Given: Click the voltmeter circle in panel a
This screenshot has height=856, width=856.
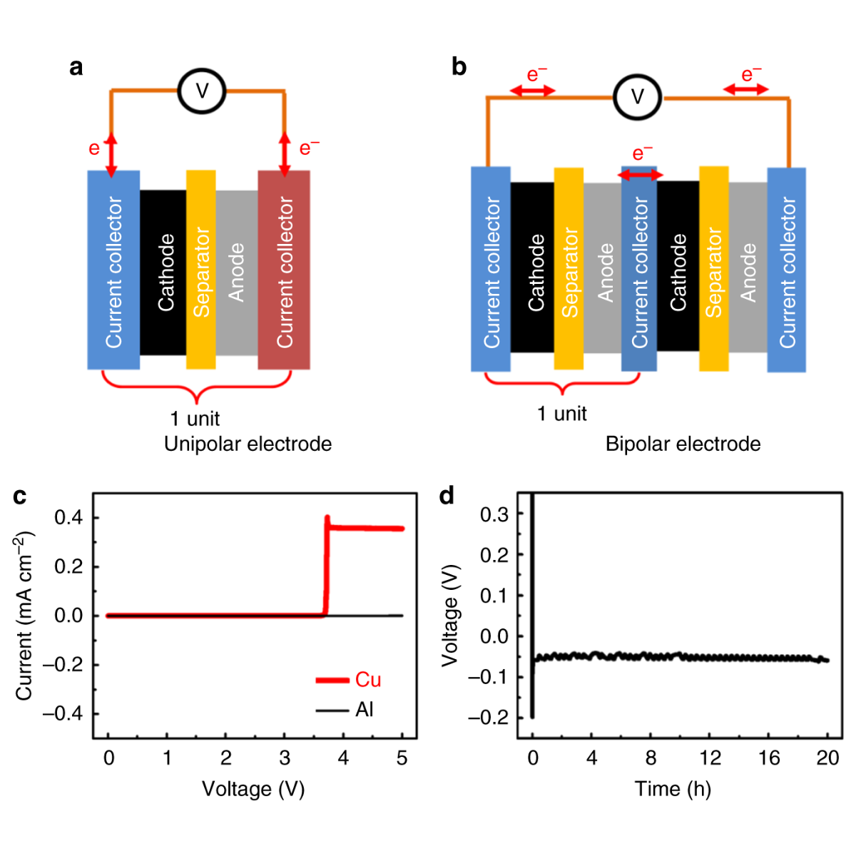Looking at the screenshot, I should pos(202,91).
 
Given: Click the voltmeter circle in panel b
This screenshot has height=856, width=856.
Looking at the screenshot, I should pos(638,97).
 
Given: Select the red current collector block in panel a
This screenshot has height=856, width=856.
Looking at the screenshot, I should pos(284,270).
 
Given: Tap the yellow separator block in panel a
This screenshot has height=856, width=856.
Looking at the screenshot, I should pos(201,270).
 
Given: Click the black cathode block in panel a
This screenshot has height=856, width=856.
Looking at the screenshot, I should pos(163,272).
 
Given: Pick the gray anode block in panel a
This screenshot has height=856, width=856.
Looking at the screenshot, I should pos(236,272).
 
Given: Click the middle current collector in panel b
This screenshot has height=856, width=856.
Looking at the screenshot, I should pos(639,270).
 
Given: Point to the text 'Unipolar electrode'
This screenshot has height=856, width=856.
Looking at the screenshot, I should pos(248,444).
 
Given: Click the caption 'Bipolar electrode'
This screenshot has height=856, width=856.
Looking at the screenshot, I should pos(683,444).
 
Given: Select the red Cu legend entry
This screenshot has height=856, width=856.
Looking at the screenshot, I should pos(350,680).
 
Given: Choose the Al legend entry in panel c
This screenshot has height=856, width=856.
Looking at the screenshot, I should pos(346,710).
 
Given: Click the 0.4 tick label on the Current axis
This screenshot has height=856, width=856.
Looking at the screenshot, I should pos(68,517).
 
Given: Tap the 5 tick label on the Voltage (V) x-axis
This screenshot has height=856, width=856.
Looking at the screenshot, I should pos(402,758).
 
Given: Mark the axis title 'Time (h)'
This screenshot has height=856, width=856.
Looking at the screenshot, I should pos(673,789).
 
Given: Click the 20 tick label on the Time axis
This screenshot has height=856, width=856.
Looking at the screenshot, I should pos(827,758).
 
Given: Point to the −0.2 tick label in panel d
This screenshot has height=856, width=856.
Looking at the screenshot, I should pos(489,718).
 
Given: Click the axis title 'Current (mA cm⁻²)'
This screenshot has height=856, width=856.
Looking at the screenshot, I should pos(25,615).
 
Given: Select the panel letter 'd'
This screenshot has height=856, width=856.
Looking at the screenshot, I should pos(447,495).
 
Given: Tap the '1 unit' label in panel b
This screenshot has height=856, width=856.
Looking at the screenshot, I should pos(561,414).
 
